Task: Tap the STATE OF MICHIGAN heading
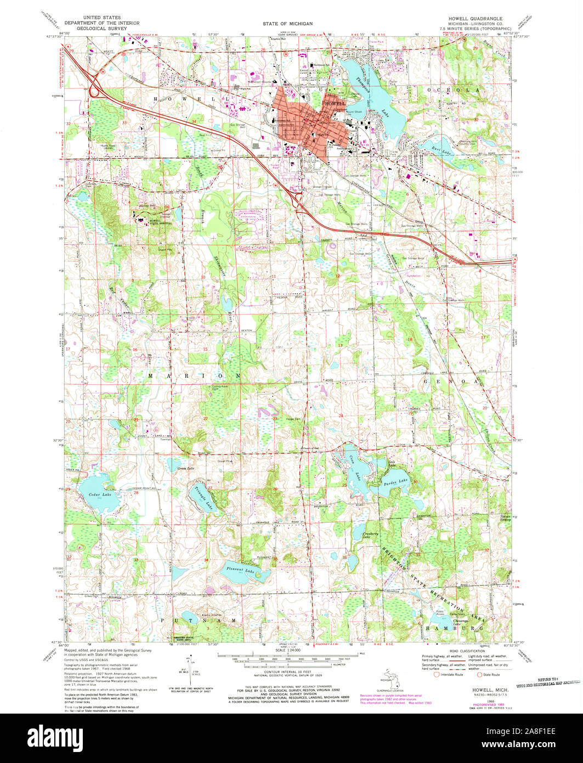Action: [291, 24]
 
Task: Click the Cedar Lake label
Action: [100, 495]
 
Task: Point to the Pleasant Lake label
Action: [242, 571]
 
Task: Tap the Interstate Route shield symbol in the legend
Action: [437, 675]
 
